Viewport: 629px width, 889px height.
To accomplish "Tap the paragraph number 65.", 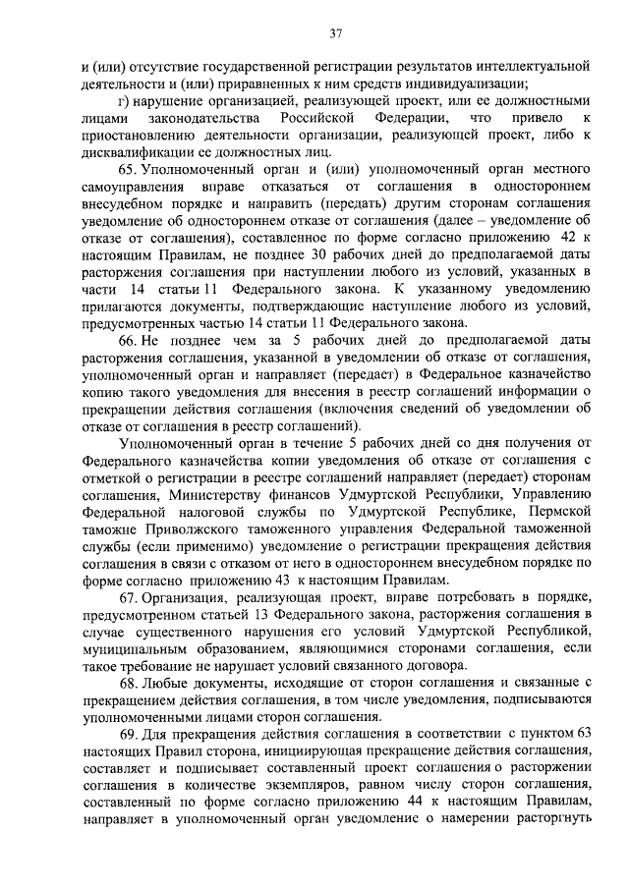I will [126, 169].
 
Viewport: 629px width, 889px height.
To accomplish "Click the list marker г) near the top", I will [122, 101].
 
